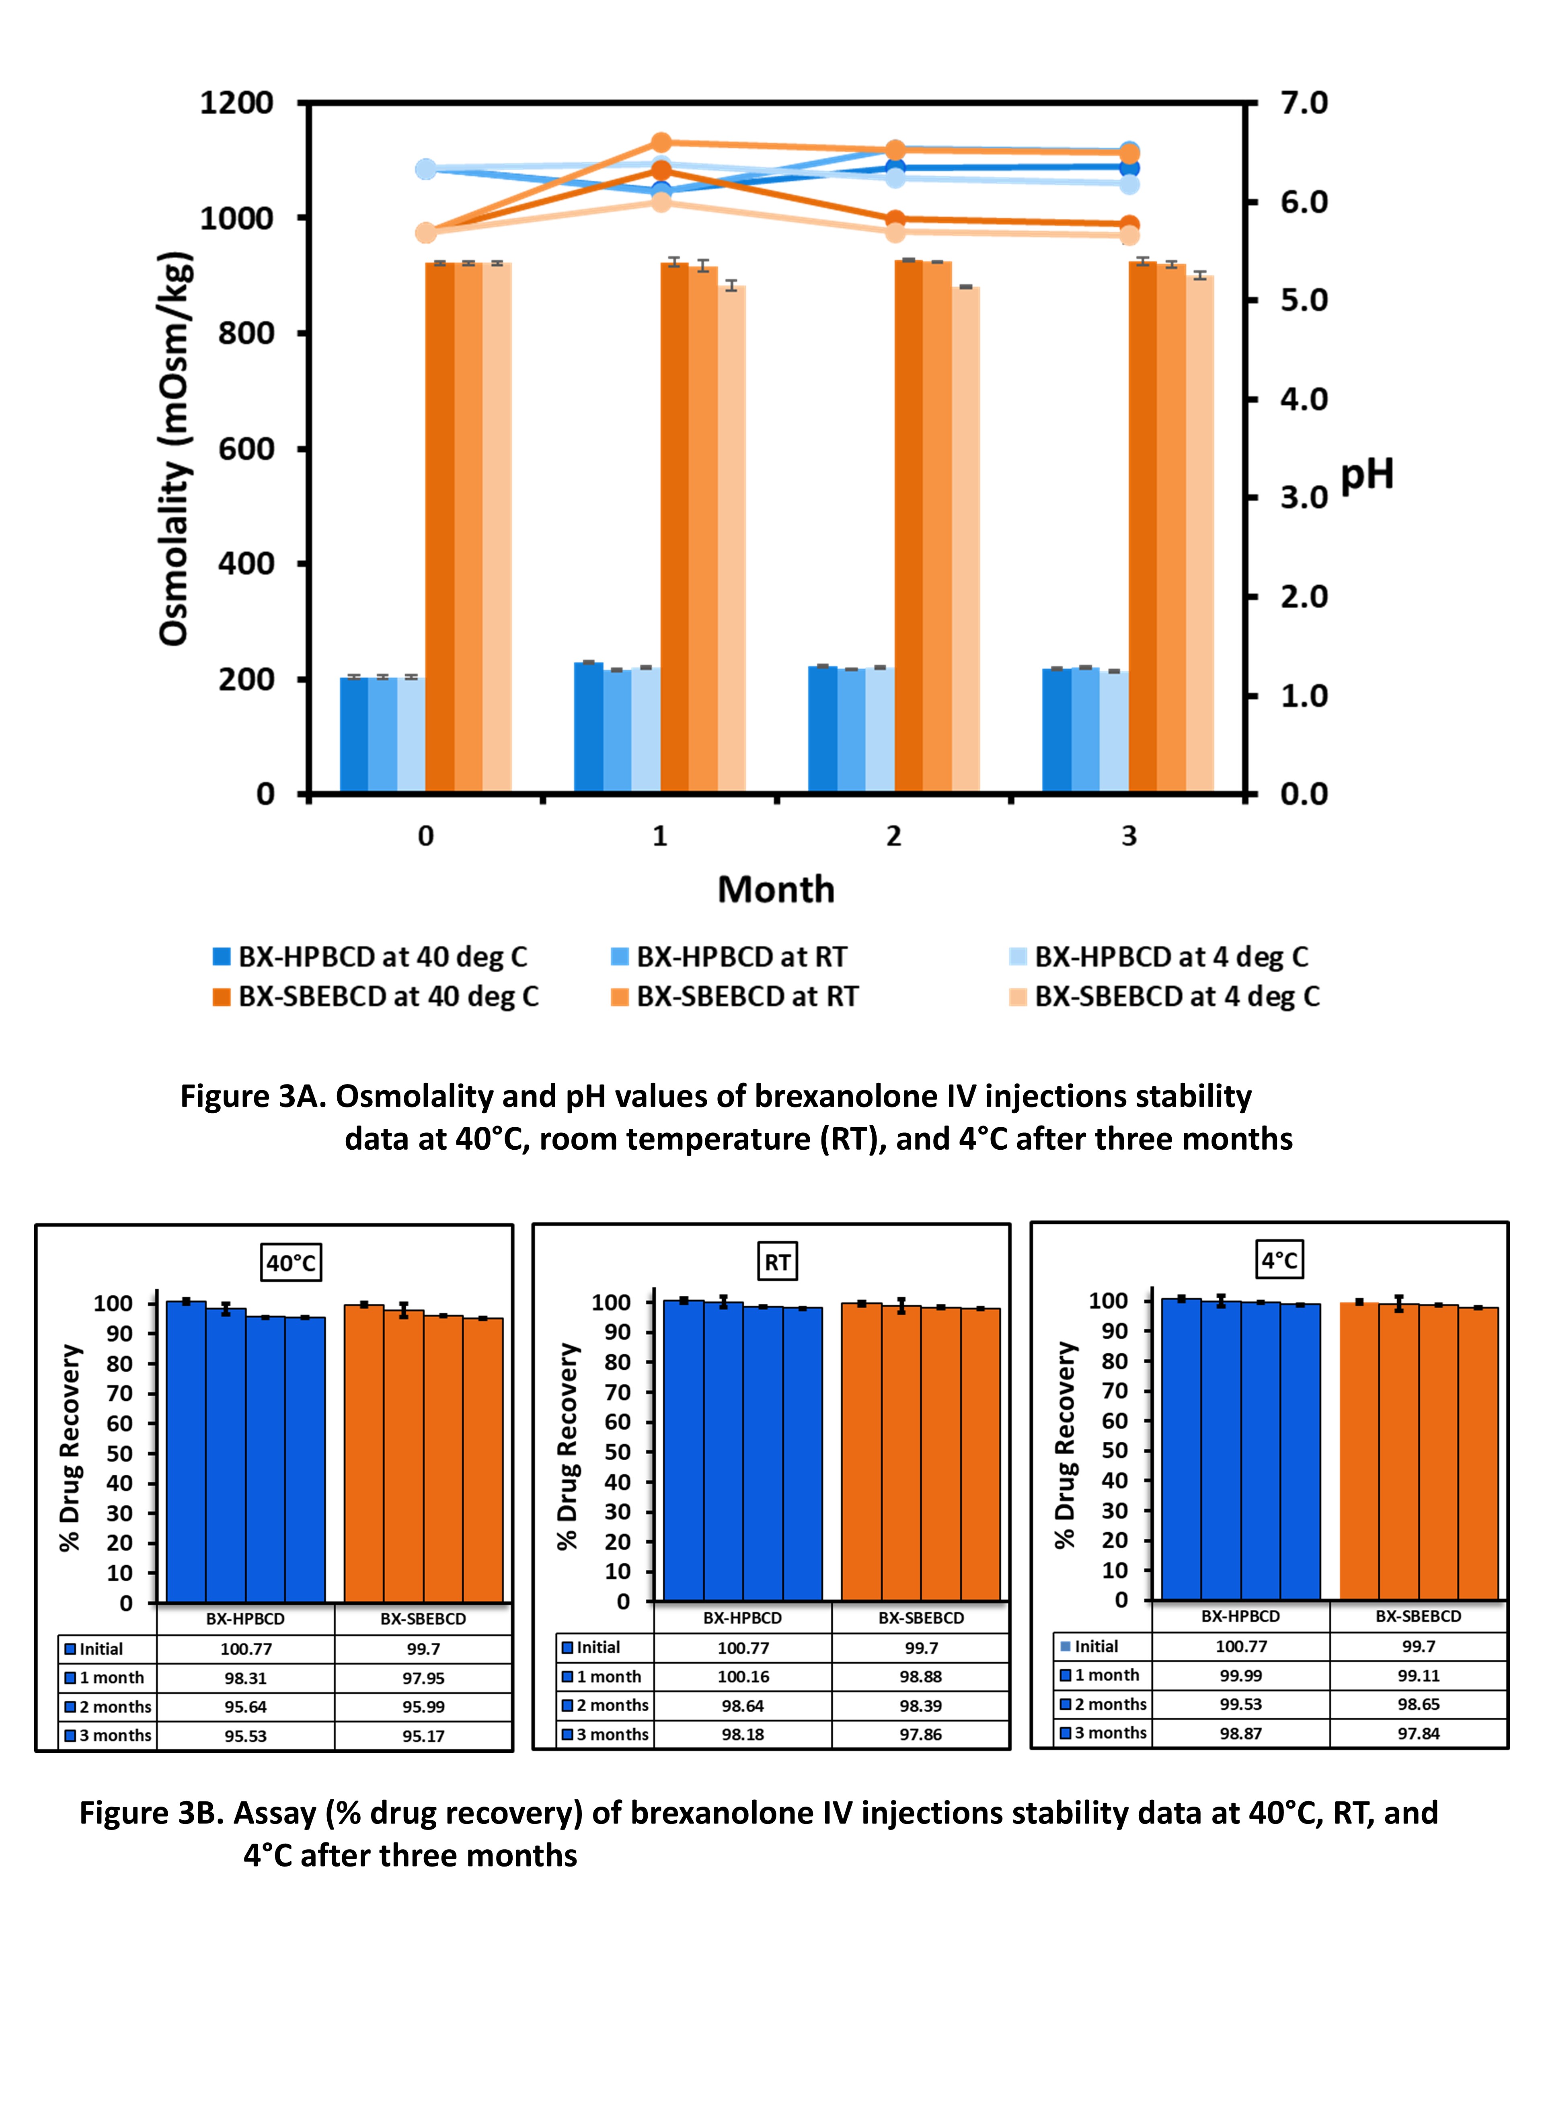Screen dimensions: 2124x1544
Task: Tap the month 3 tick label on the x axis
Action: tap(1128, 836)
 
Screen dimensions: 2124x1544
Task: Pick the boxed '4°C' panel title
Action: tap(1279, 1260)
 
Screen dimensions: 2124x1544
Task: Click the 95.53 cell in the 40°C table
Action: tap(245, 1735)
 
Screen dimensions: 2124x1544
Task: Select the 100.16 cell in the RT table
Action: tap(743, 1676)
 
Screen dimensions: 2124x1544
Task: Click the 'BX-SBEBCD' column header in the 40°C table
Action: tap(423, 1618)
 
